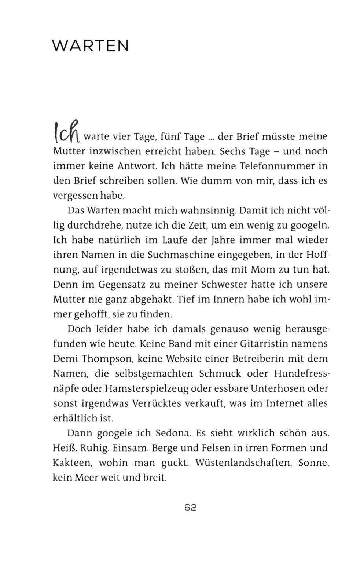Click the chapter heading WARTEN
pos(90,46)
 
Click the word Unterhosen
pos(282,388)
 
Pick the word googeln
pos(308,226)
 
